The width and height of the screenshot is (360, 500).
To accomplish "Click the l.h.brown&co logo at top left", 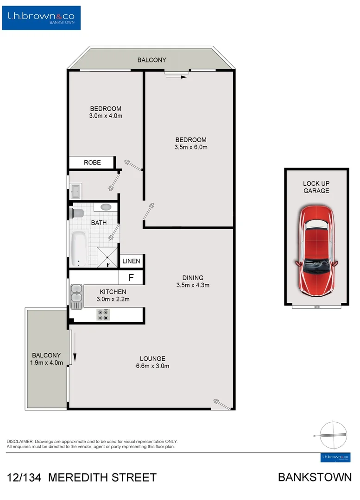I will click(41, 18).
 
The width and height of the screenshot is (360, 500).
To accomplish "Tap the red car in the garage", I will click(317, 250).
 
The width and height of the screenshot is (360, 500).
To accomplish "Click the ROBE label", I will click(92, 162).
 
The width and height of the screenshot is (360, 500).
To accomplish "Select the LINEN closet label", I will click(131, 261).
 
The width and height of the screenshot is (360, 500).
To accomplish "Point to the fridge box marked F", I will click(131, 278).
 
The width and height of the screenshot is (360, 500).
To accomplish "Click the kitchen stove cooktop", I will click(103, 315).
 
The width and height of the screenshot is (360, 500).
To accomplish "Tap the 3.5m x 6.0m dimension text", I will click(191, 148).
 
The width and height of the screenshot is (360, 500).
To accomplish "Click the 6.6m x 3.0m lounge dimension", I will click(152, 366).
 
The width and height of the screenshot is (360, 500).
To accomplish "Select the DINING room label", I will click(193, 278).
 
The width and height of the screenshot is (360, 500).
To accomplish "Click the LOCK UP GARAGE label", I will click(316, 187).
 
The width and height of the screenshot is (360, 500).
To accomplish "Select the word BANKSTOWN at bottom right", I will click(315, 477).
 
